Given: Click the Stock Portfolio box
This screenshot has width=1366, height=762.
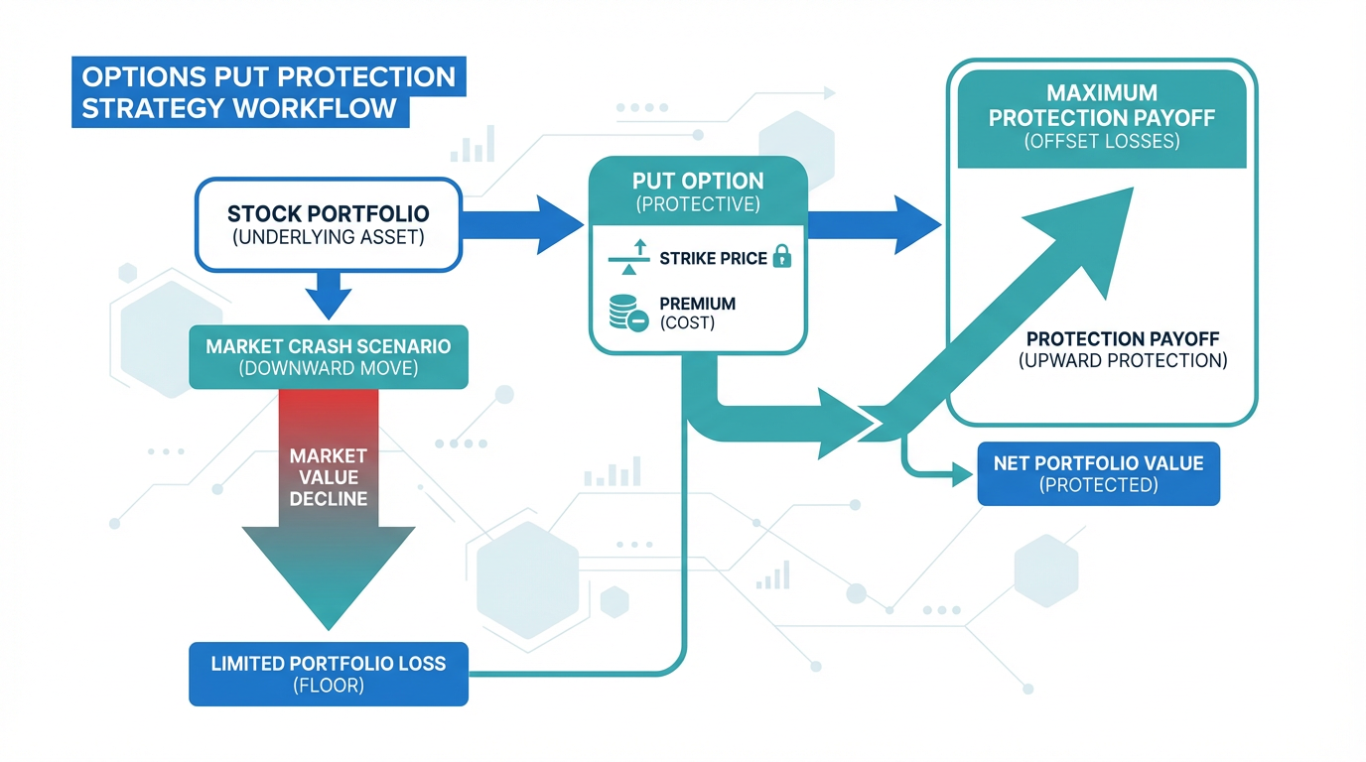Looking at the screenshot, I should [328, 224].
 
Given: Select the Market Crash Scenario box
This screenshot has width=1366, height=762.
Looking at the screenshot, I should [328, 357].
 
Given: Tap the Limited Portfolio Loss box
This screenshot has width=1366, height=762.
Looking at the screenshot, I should [328, 674].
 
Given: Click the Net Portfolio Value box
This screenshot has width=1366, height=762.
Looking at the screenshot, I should [1098, 473].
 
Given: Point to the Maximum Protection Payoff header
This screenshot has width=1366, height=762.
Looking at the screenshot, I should [1102, 117].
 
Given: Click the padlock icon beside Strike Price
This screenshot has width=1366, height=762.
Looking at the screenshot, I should [782, 258].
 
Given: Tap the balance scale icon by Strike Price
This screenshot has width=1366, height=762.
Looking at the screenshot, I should [628, 259].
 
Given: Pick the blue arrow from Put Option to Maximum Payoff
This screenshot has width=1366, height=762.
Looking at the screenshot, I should [874, 225].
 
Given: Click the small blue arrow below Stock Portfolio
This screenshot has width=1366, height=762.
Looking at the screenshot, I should [328, 294].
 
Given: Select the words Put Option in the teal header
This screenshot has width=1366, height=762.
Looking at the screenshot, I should [698, 182].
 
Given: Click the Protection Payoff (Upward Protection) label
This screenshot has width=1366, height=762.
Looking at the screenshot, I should [1123, 349].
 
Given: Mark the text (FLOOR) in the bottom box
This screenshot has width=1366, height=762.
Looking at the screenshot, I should [328, 685].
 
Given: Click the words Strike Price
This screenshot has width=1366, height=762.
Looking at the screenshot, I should [713, 259].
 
